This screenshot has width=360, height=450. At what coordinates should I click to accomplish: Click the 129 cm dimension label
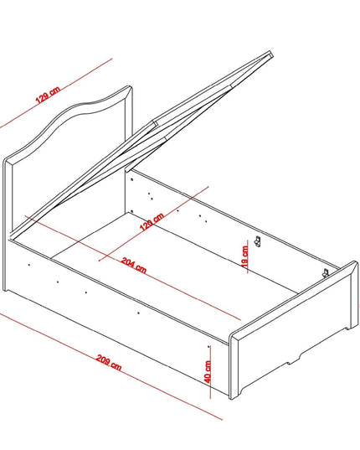[x=48, y=94]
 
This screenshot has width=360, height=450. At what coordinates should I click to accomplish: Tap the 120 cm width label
[x=152, y=221]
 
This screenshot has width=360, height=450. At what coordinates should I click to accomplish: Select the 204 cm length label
[x=134, y=265]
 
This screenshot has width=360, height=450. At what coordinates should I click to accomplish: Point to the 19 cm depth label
[x=244, y=256]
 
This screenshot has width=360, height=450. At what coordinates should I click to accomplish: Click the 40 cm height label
[x=208, y=371]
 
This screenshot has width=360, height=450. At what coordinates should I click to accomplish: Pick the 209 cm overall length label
[x=109, y=363]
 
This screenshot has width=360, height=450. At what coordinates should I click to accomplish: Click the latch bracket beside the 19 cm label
[x=258, y=241]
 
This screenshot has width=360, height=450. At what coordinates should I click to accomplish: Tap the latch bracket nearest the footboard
[x=325, y=272]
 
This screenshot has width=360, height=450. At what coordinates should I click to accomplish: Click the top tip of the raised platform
[x=271, y=52]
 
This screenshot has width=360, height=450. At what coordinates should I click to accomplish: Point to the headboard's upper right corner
[x=131, y=86]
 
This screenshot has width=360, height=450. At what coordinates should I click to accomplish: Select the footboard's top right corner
[x=357, y=262]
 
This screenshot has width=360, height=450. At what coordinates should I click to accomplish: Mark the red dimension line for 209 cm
[x=111, y=366]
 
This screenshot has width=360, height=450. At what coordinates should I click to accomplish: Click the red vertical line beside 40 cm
[x=210, y=372]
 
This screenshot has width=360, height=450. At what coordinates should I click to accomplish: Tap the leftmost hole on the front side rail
[x=29, y=265]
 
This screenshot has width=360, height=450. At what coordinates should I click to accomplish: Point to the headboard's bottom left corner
[x=4, y=290]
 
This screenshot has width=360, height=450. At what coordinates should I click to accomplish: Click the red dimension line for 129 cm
[x=56, y=93]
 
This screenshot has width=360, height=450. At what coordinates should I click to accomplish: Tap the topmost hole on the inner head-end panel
[x=131, y=179]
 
